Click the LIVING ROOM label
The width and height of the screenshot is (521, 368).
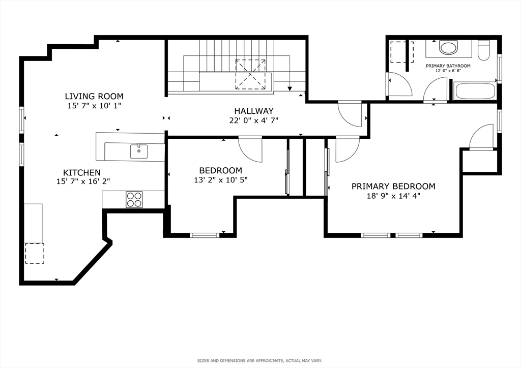(94, 96)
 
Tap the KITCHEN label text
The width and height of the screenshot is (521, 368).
(82, 172)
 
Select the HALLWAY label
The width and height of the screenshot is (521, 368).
(254, 111)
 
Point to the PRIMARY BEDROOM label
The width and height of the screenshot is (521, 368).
(393, 186)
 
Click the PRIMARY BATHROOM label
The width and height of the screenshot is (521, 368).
(448, 66)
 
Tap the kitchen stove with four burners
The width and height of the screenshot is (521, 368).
(134, 200)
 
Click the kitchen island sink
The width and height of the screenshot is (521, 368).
(139, 151)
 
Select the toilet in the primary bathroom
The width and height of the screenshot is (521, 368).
(484, 50)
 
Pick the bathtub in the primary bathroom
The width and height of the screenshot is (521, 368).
(475, 91)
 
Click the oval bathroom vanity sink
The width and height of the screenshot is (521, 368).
(449, 47)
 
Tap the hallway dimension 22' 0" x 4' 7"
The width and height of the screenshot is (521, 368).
(254, 120)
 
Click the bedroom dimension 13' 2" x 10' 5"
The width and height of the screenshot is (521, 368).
(221, 180)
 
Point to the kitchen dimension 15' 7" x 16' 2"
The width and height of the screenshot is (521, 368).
(83, 181)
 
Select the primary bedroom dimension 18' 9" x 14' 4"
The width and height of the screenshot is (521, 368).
(393, 196)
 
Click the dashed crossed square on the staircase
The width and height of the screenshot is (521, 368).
(250, 74)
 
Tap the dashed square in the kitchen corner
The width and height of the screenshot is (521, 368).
(35, 253)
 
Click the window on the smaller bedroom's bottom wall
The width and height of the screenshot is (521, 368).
(205, 235)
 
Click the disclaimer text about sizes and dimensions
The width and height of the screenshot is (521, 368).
(259, 361)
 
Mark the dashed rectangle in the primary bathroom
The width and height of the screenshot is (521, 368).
(402, 52)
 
